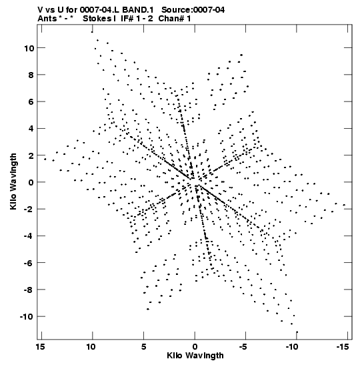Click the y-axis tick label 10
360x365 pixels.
coord(29,49)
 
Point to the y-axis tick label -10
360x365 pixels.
coord(27,317)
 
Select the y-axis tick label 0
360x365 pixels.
coord(31,183)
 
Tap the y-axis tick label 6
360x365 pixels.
coord(31,102)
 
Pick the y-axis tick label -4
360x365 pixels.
coord(29,236)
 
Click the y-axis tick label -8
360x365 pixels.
coord(29,290)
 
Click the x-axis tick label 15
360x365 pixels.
coord(40,347)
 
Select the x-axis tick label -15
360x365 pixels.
coord(343,347)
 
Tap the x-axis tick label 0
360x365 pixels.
coord(195,347)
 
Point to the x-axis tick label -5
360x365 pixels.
coord(243,347)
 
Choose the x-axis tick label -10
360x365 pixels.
coord(292,347)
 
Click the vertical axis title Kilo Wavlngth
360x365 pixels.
coord(13,181)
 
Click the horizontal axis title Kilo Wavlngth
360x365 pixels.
coord(195,356)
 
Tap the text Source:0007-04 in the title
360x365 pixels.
coord(193,10)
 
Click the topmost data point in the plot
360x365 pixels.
coord(92,32)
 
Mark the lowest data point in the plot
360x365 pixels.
coord(297,332)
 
